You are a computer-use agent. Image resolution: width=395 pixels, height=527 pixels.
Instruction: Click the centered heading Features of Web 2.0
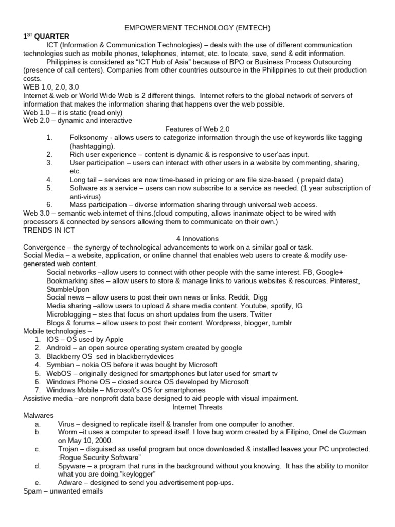coord(197,129)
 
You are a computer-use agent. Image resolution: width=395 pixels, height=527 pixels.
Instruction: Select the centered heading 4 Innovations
coord(197,239)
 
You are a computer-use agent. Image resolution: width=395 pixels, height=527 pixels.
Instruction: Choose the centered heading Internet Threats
coord(197,406)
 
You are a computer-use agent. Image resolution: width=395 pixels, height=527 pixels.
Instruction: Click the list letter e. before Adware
coord(38,482)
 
